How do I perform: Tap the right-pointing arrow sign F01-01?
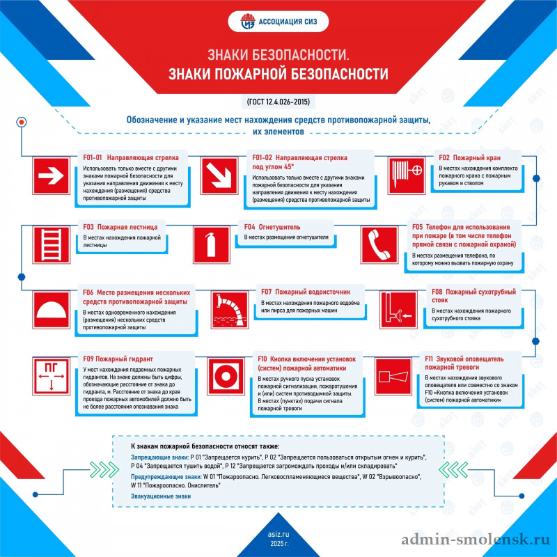tap(51, 176)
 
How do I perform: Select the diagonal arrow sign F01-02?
tap(219, 176)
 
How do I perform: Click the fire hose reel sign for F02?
tap(407, 176)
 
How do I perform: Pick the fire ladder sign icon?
tap(51, 245)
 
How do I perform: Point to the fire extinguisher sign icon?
tap(212, 245)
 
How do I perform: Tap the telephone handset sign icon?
tap(379, 245)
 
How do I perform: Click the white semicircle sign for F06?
tap(51, 310)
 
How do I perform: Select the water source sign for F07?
tap(230, 310)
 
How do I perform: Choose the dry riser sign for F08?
tap(398, 310)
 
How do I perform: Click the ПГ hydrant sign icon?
tap(51, 376)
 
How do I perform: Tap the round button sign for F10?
tap(226, 376)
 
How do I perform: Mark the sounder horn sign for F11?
tap(393, 376)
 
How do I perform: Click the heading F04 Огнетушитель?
tap(272, 227)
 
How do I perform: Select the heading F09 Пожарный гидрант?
tap(118, 359)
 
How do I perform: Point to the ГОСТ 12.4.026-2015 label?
tap(278, 102)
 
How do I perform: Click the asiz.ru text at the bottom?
tap(278, 534)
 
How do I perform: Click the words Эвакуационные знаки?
tap(161, 496)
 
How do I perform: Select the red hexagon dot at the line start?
tap(22, 123)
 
